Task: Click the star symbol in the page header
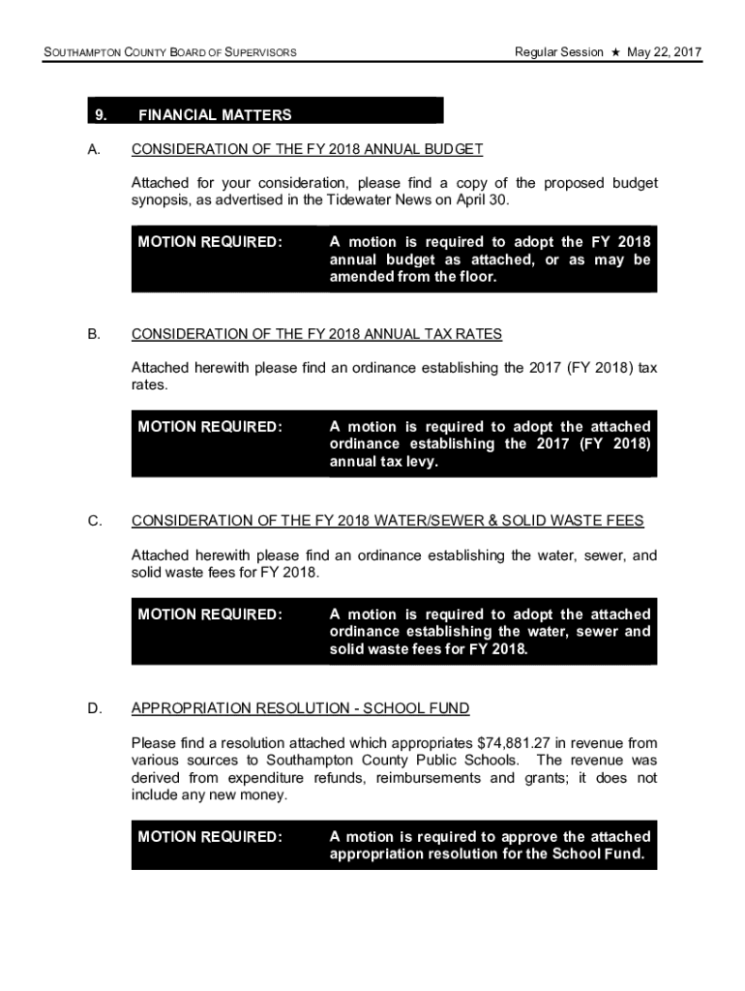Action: [x=614, y=51]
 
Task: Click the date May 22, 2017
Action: [x=664, y=51]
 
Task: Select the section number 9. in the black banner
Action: [x=100, y=115]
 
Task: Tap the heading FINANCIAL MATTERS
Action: [x=215, y=115]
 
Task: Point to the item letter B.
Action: [x=93, y=334]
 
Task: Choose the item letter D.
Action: [x=94, y=708]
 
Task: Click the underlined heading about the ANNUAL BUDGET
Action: [x=307, y=149]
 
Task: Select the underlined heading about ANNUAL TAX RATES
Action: [x=316, y=334]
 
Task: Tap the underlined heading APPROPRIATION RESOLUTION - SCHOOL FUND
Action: [x=300, y=708]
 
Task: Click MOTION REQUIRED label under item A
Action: [x=210, y=242]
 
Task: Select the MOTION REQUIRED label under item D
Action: [x=210, y=837]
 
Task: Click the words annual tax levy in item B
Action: [x=381, y=463]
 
